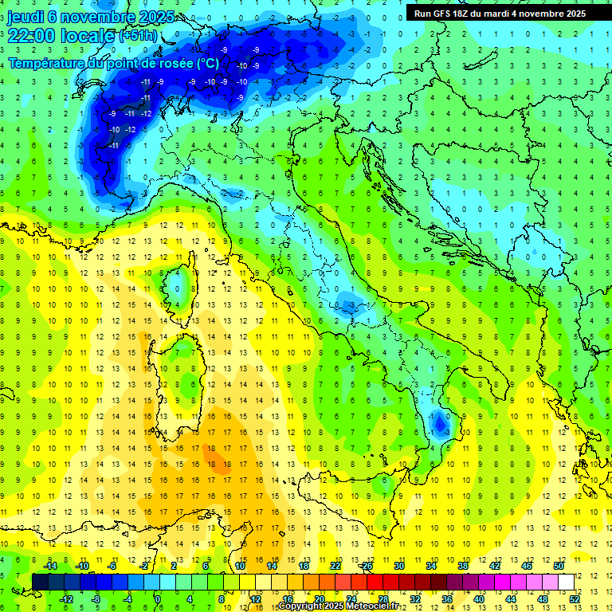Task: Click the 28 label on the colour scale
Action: pos(382,599)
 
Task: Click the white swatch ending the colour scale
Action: pos(566,583)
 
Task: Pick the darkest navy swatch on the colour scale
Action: pos(40,583)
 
